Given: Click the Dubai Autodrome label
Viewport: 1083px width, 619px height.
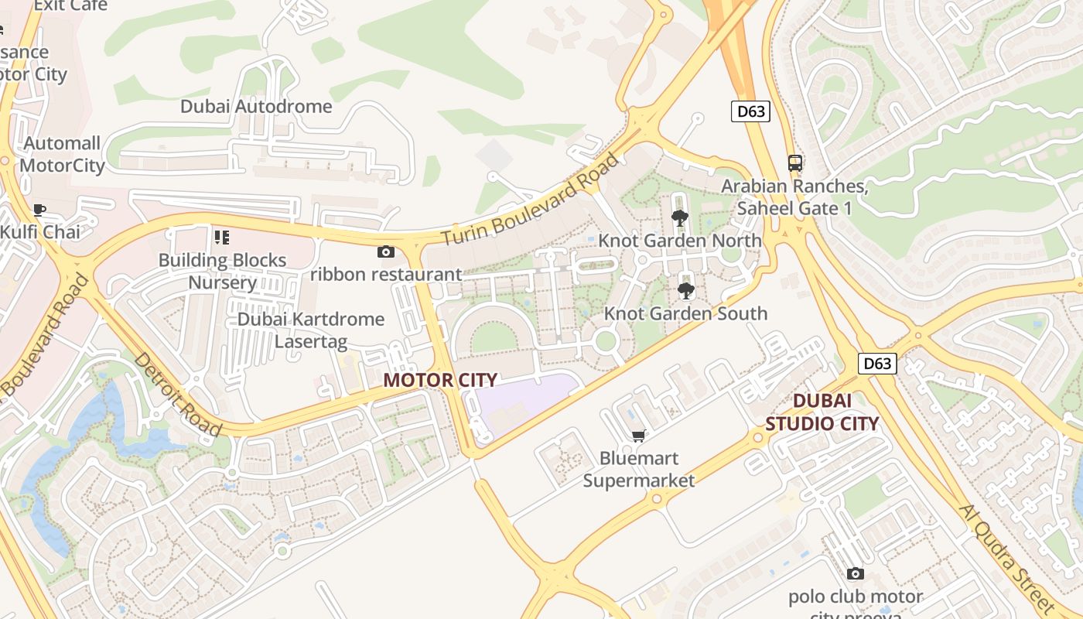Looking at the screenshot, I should (x=256, y=106).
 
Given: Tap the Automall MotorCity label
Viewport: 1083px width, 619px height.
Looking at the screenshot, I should (x=62, y=155).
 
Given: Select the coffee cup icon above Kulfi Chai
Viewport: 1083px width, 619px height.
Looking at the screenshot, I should (x=39, y=209).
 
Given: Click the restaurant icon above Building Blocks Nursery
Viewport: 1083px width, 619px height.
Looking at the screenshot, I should (x=222, y=237).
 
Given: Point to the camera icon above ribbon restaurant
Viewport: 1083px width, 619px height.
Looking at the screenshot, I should (x=385, y=251).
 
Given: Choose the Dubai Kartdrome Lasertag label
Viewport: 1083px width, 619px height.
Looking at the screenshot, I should (x=311, y=330).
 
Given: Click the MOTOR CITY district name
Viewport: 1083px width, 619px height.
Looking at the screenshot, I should (x=440, y=380).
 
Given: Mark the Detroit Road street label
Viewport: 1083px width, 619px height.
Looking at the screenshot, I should (x=177, y=395).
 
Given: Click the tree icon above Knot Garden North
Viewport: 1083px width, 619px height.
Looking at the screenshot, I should (x=680, y=217).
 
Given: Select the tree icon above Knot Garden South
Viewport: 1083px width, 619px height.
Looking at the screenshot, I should (x=685, y=290).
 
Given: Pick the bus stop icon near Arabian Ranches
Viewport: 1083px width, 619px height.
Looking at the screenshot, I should (x=795, y=162).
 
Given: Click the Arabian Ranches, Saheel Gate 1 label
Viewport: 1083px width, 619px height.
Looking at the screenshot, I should (x=794, y=197).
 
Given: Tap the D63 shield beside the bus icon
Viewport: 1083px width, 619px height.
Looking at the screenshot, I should (x=750, y=111).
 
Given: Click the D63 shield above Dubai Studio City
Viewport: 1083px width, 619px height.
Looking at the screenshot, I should (x=877, y=363).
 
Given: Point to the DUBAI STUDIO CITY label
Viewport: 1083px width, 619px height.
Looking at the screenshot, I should (x=822, y=412).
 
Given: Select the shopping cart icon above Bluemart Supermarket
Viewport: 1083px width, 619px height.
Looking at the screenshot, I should (x=639, y=436).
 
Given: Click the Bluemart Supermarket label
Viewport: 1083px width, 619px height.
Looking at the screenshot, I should (x=639, y=470).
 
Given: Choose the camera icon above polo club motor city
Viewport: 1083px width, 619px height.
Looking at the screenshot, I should (x=855, y=573).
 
